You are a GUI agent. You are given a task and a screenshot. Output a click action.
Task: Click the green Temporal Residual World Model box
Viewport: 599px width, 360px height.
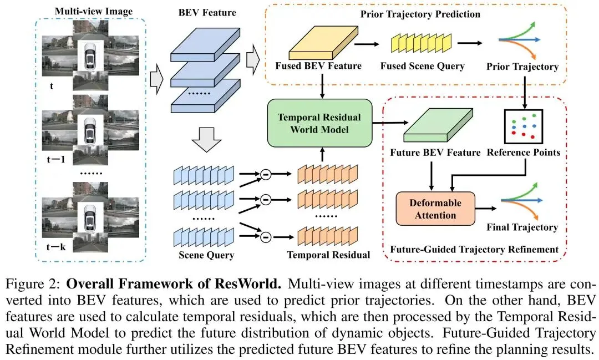coord(318,123)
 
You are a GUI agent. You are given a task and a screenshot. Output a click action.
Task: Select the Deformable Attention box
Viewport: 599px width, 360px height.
coord(435,208)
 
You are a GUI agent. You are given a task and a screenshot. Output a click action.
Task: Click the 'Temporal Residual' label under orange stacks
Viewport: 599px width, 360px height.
coord(328,256)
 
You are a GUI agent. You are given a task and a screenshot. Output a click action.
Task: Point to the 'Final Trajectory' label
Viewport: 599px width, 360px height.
coord(522,227)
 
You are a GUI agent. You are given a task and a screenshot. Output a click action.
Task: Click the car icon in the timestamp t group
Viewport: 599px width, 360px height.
coord(91,54)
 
